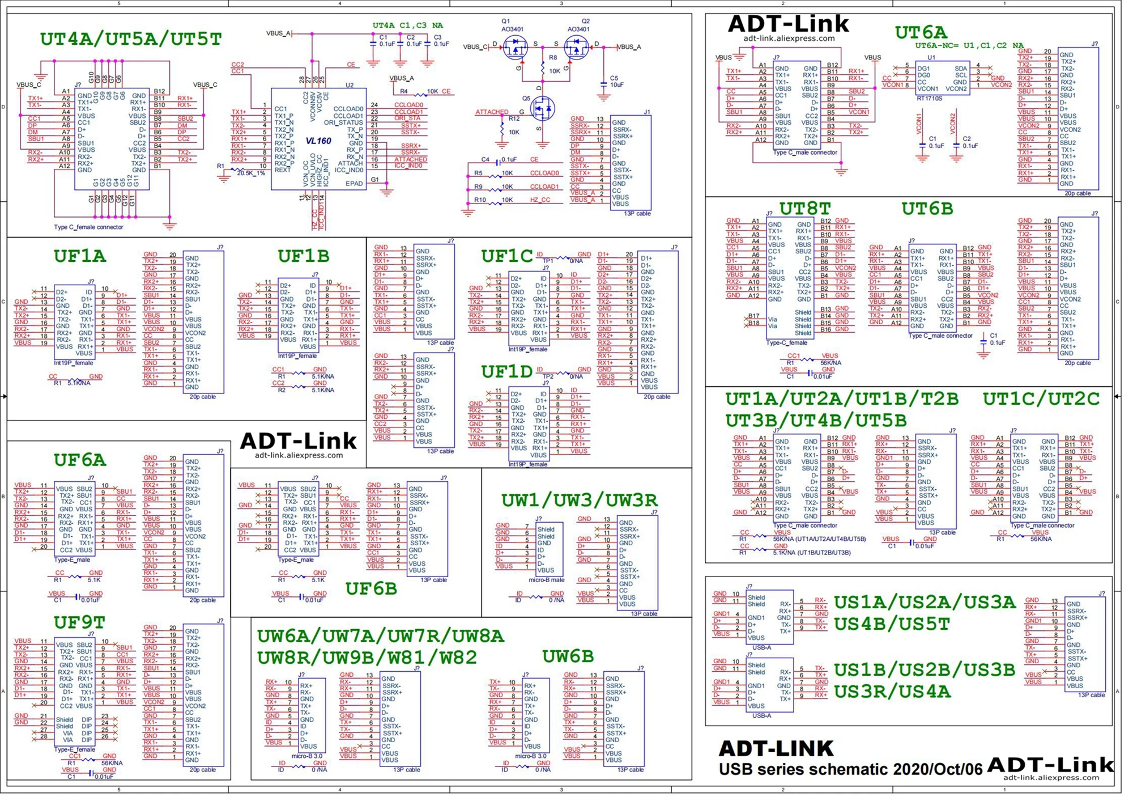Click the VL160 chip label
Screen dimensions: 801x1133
pos(318,141)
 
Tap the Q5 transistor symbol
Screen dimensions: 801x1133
pos(544,108)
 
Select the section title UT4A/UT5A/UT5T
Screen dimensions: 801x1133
pos(131,39)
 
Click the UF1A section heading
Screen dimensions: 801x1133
pos(80,256)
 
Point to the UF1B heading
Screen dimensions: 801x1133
pos(303,256)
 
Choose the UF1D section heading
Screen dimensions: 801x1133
pos(507,372)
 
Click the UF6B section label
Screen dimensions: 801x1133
pos(371,589)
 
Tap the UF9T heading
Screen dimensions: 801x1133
pos(79,622)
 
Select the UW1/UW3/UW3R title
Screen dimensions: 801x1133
pos(579,500)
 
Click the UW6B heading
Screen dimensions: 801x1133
pos(568,656)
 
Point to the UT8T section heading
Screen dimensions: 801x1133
pos(804,209)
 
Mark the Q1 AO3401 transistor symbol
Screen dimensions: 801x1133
pos(515,48)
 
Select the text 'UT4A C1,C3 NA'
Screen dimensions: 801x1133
pos(407,26)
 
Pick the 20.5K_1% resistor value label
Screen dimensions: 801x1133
pos(251,173)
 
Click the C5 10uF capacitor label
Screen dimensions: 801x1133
pos(616,82)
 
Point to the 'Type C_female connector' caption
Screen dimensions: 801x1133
pos(88,227)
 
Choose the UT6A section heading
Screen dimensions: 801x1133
pos(921,32)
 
